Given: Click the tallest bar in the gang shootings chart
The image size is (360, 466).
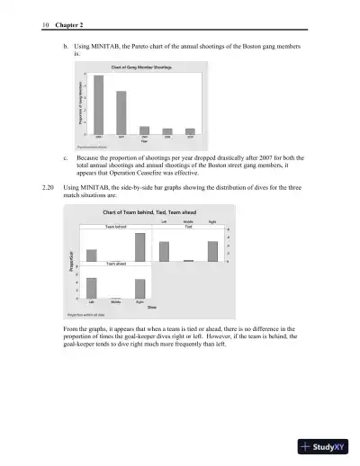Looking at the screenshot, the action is coord(98,104).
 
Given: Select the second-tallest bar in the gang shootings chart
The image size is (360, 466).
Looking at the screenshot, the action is coord(121,112).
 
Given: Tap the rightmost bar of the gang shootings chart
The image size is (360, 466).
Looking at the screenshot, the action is coord(190,131).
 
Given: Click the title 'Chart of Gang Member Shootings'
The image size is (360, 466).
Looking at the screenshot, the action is coord(142,67).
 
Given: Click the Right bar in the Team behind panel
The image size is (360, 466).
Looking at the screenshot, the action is coord(140,246).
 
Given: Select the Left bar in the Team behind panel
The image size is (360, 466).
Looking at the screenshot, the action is coord(91,255).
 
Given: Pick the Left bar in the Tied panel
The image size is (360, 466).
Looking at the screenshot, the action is coord(164,251).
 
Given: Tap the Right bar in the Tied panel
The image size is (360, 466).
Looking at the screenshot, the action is coord(212,251).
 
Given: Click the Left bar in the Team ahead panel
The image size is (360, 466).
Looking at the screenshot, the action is coord(91,288).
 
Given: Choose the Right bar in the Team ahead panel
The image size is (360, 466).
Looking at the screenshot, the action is coord(140,288).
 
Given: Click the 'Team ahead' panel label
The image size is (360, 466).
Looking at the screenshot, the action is coord(116,264).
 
